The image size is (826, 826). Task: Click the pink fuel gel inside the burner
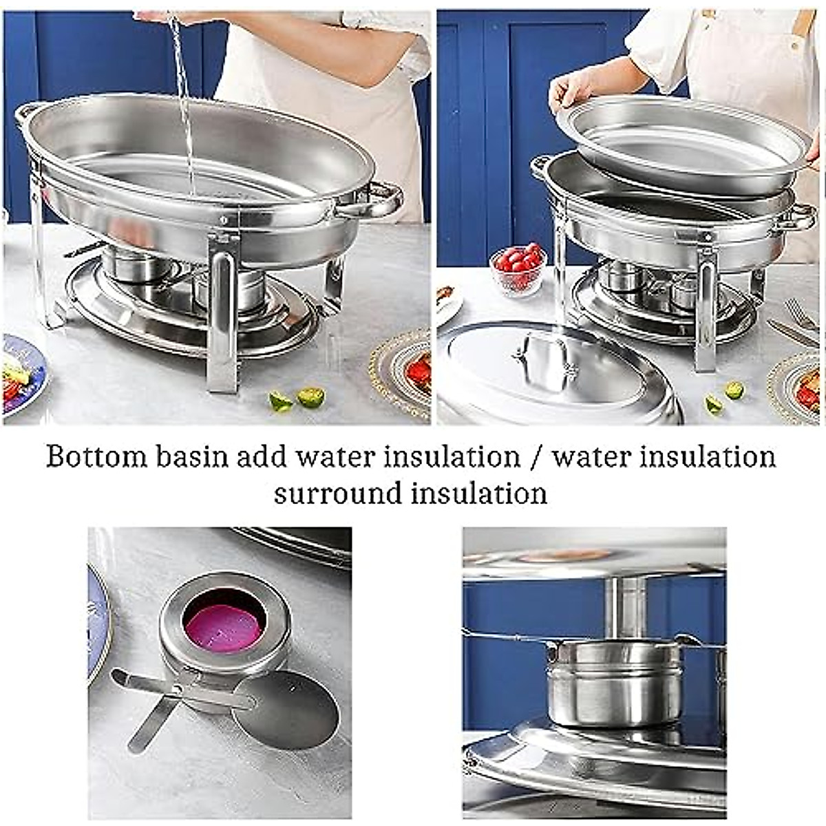pos(224,624)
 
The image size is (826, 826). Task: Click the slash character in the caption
pos(536,457)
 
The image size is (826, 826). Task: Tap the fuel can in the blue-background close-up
pos(606,681)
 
